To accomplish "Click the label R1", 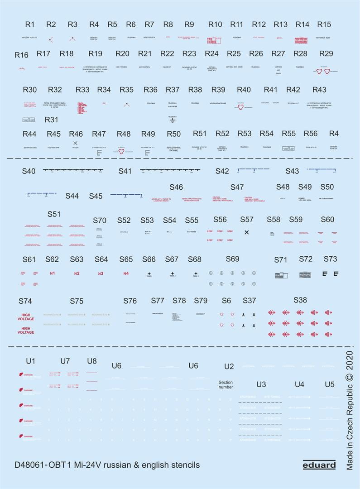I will point(30,24).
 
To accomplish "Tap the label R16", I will point(21,55).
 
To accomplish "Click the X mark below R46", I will point(76,143).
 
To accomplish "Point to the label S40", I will point(29,171).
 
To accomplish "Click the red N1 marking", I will point(53,273).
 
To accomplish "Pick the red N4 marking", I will point(126,273).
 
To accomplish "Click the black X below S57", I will point(246,232).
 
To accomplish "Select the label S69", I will point(232,259).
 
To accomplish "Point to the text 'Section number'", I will point(226,384).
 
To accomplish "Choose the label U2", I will point(229,366).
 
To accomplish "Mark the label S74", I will point(25,301).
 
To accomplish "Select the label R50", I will point(173,134).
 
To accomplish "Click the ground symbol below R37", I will point(172,120).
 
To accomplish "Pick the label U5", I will point(330,384).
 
